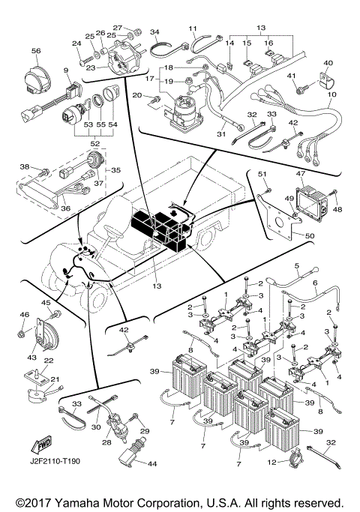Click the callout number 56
[35, 50]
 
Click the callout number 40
[328, 63]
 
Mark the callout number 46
[23, 315]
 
